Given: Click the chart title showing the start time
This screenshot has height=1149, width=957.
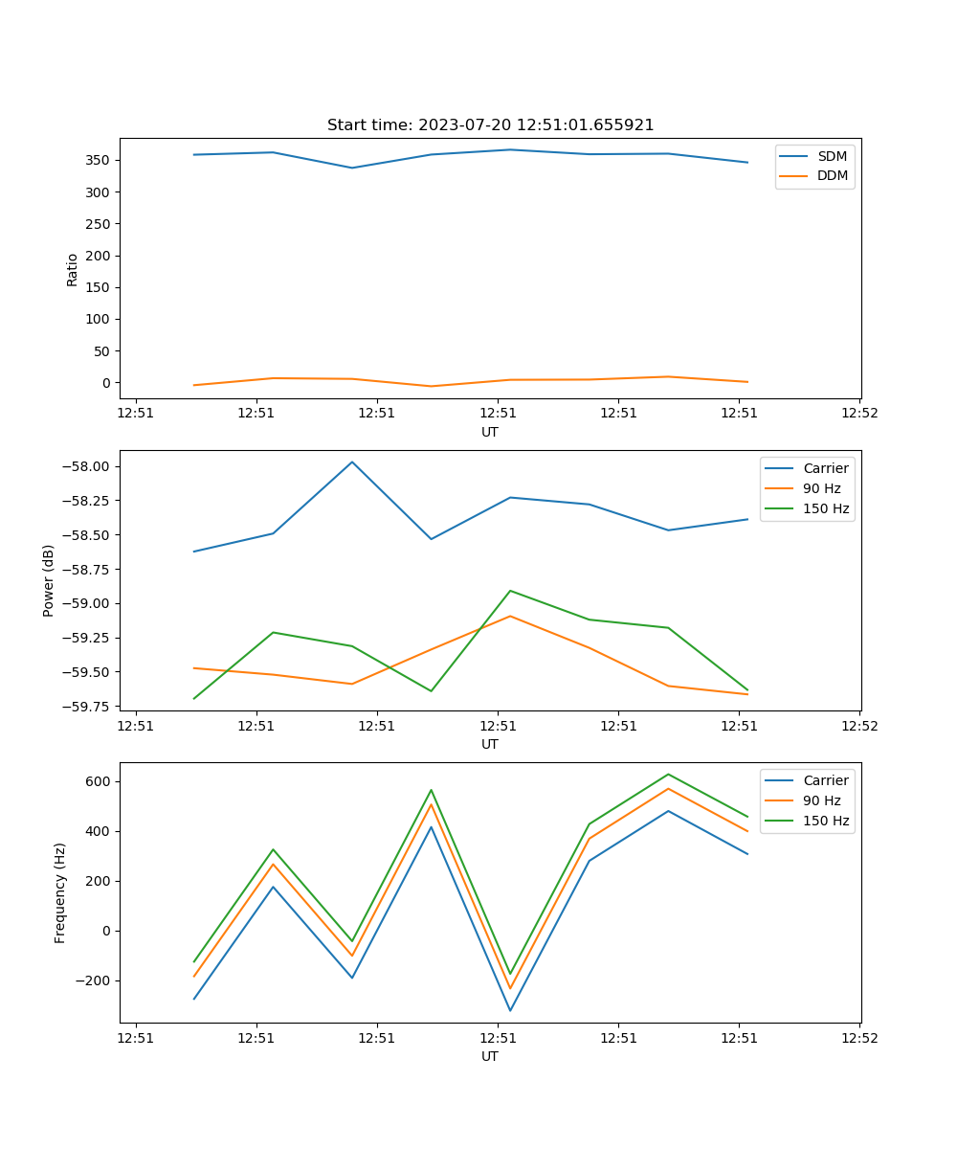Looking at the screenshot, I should (x=490, y=125).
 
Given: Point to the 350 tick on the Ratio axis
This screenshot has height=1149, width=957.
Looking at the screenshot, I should (x=97, y=160).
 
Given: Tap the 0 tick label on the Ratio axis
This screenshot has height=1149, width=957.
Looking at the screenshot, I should (x=104, y=382).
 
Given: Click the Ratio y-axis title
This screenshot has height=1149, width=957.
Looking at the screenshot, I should (x=73, y=269).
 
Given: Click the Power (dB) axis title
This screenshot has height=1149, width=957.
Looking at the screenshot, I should (x=49, y=580).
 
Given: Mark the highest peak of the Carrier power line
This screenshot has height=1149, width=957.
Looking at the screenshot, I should (x=352, y=462).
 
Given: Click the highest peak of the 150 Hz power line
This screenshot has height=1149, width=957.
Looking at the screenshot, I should (x=510, y=591).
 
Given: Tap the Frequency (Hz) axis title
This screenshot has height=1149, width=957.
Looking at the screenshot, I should (x=60, y=892).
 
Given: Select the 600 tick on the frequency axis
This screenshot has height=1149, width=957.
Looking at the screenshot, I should (x=97, y=781).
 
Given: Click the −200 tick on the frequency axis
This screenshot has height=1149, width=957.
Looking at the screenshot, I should (x=93, y=980).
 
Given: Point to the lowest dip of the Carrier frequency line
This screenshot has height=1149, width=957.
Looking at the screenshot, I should (x=510, y=1010).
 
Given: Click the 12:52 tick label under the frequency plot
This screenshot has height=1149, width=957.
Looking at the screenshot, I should (x=858, y=1038).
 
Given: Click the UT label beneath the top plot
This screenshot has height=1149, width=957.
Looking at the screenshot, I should (x=490, y=432).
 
